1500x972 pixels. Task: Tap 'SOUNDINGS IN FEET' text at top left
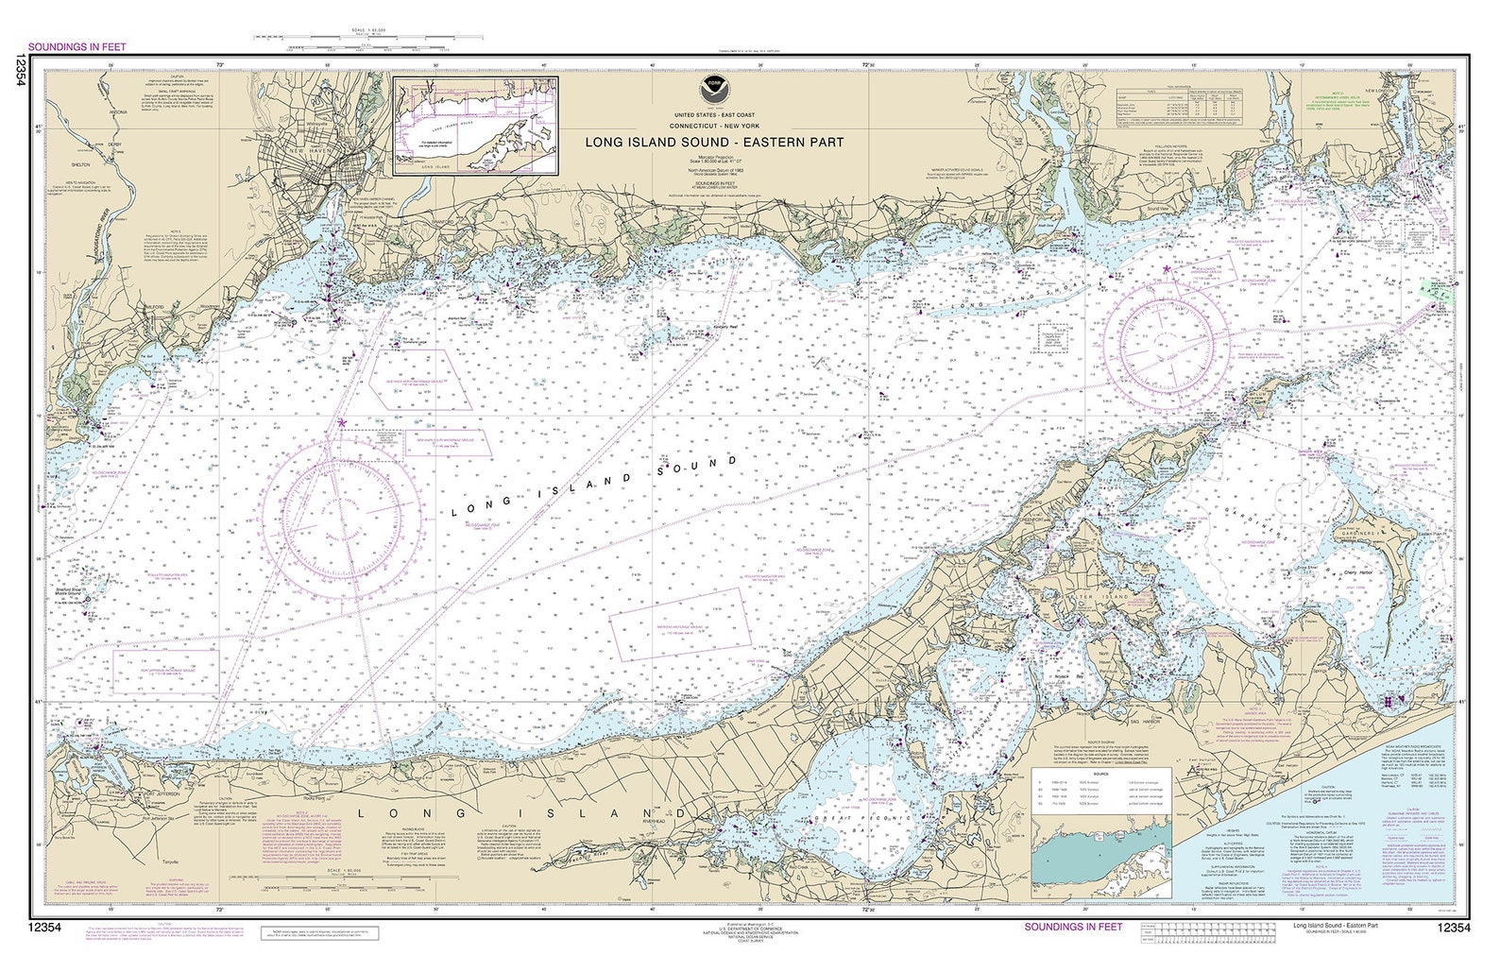point(77,45)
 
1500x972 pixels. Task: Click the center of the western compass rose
point(342,516)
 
